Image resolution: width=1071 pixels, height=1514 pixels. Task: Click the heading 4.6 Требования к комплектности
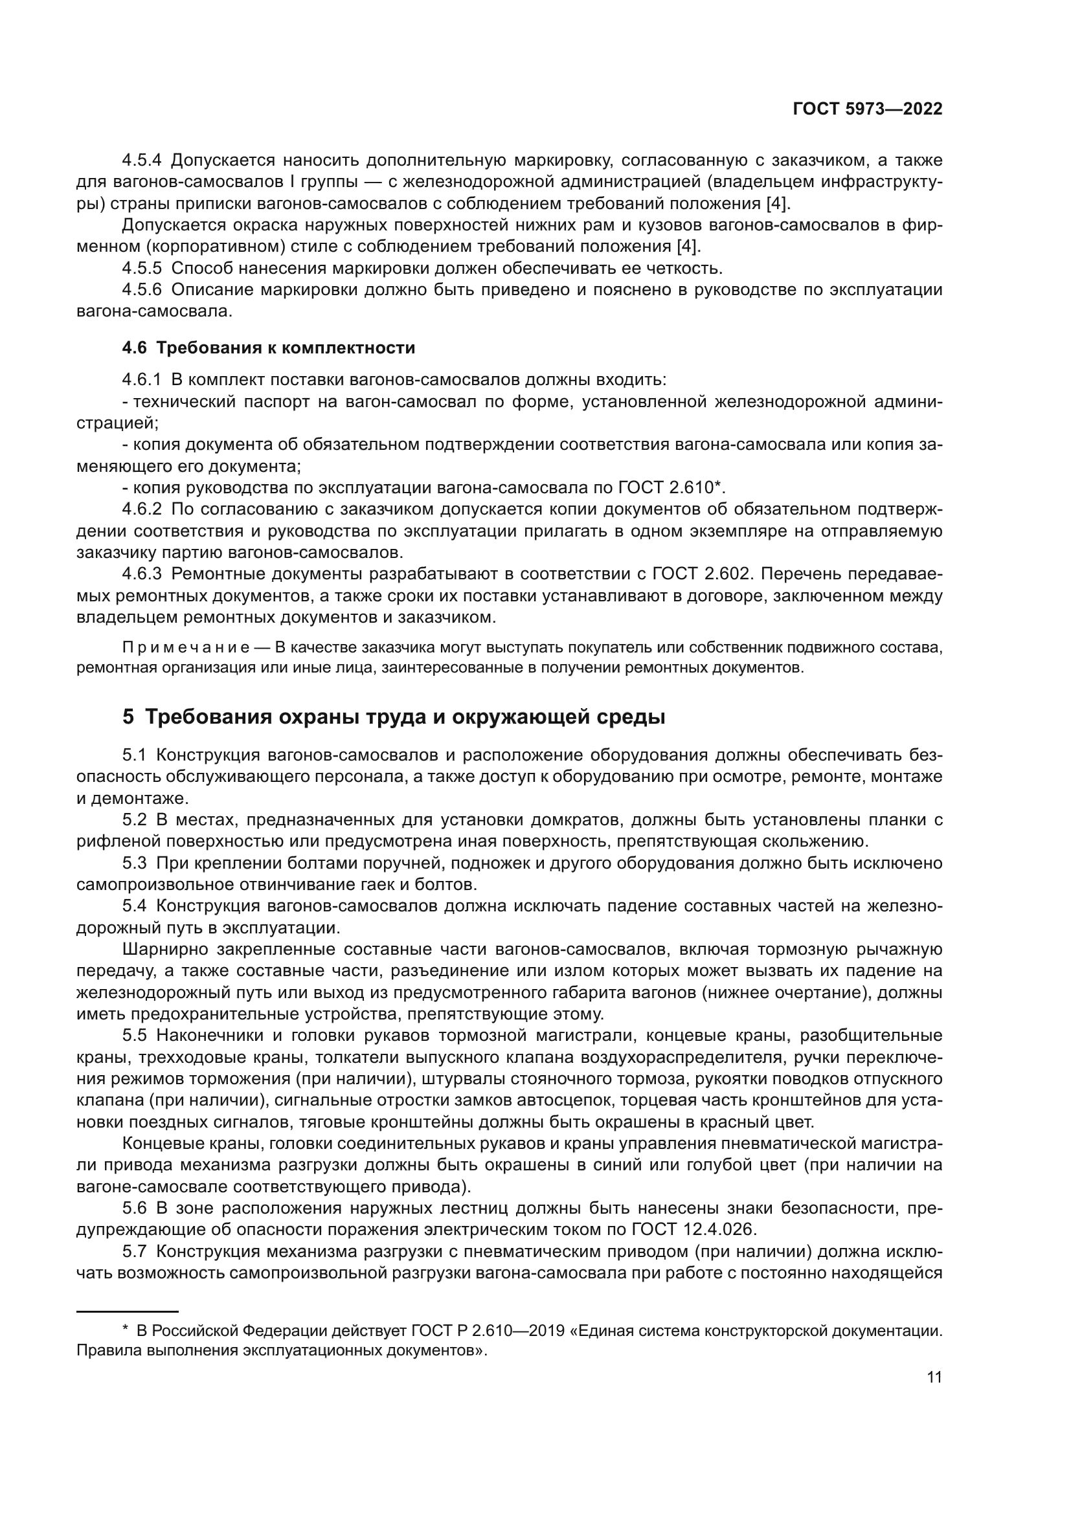[x=269, y=348]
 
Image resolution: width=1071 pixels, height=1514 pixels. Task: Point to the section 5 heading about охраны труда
[x=393, y=717]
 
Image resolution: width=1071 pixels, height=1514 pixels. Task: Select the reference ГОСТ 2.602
[x=701, y=574]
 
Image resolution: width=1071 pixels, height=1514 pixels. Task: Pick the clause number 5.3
[x=135, y=863]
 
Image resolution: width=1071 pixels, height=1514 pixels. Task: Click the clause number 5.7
[x=135, y=1251]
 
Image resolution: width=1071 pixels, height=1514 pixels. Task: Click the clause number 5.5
[x=135, y=1036]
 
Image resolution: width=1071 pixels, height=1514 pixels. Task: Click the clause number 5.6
[x=135, y=1208]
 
